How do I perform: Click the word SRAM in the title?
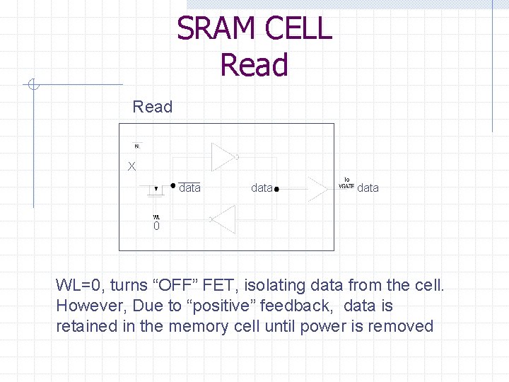pyautogui.click(x=216, y=29)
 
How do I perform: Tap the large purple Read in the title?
pyautogui.click(x=254, y=65)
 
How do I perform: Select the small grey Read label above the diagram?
pyautogui.click(x=152, y=107)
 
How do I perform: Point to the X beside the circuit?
pyautogui.click(x=131, y=167)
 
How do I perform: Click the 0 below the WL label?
pyautogui.click(x=157, y=226)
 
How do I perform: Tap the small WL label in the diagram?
pyautogui.click(x=156, y=216)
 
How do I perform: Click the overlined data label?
pyautogui.click(x=189, y=188)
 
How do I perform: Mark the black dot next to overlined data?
pyautogui.click(x=173, y=186)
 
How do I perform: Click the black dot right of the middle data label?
pyautogui.click(x=277, y=190)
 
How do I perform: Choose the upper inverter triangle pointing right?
pyautogui.click(x=223, y=156)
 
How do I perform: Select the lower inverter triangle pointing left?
pyautogui.click(x=223, y=219)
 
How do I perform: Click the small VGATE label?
pyautogui.click(x=346, y=186)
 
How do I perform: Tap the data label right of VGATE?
pyautogui.click(x=368, y=188)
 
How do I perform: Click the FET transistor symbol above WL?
pyautogui.click(x=156, y=189)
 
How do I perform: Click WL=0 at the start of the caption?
pyautogui.click(x=79, y=286)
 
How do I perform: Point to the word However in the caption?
pyautogui.click(x=84, y=306)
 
